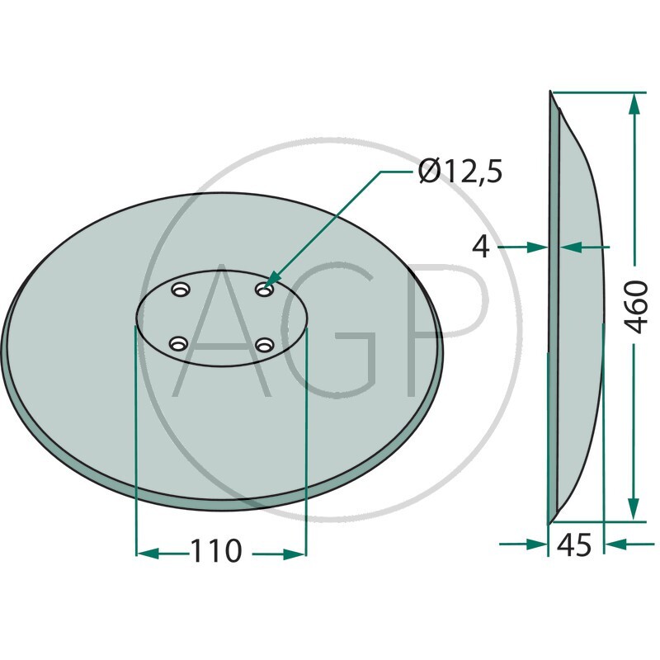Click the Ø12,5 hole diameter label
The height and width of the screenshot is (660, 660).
coord(460,172)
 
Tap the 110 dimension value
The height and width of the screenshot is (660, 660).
coord(216,550)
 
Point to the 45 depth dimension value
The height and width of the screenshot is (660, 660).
coord(575,545)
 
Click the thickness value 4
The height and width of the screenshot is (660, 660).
coord(483,246)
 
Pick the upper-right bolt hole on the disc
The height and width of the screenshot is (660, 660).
coord(263,290)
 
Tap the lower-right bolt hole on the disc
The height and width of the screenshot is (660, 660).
coord(263,345)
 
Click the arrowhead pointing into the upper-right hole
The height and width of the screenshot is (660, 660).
coord(274,281)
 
